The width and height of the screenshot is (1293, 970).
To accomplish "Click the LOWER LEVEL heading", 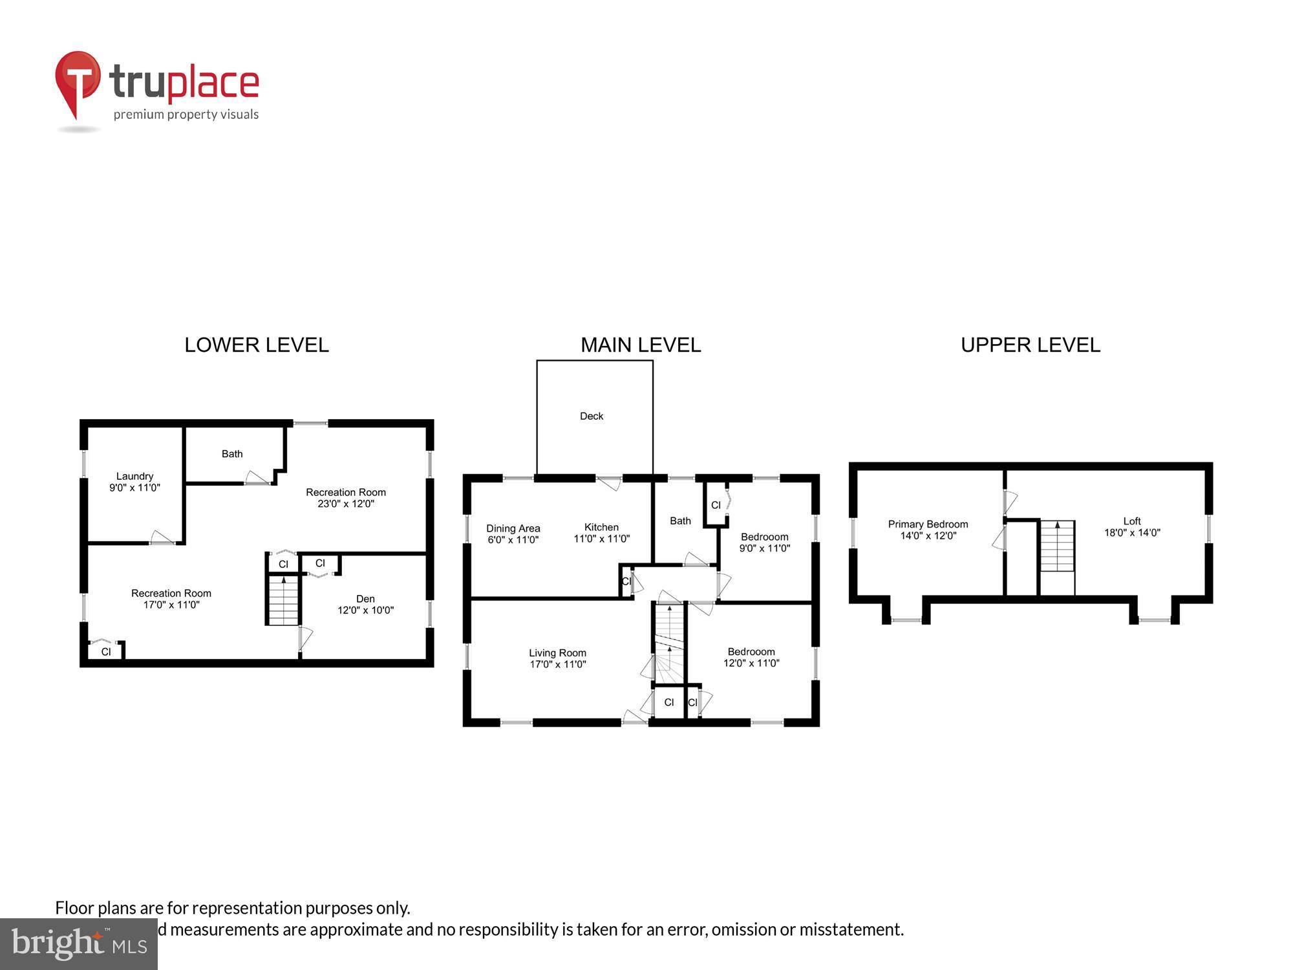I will [x=257, y=345].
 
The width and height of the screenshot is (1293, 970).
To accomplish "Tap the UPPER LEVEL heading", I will [x=1030, y=345].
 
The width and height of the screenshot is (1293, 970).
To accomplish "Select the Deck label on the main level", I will [x=591, y=416].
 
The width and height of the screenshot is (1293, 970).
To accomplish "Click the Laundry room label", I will [x=134, y=476].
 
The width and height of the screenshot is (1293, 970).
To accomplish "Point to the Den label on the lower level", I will [x=365, y=599].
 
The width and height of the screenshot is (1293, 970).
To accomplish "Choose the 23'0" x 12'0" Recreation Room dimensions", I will [x=346, y=504].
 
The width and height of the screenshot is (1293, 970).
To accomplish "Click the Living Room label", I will [x=557, y=653].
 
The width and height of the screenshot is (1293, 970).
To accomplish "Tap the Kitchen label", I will [x=601, y=527].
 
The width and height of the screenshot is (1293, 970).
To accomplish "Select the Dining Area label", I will [x=513, y=528].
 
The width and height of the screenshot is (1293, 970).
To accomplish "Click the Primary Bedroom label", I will [x=928, y=524].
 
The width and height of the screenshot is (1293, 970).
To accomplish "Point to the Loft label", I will [x=1132, y=521].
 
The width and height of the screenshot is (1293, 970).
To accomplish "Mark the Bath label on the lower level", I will [x=232, y=454].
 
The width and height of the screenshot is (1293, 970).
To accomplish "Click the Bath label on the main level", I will [x=680, y=521].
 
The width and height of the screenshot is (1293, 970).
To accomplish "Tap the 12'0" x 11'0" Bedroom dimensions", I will [x=751, y=663].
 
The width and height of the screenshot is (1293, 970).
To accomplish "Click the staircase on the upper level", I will [x=1057, y=546].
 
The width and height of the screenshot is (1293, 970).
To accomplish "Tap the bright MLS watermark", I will [x=79, y=944].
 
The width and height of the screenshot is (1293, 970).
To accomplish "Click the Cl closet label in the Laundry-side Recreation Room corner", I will [x=106, y=652].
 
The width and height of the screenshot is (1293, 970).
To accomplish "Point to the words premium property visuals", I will [x=186, y=115].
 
